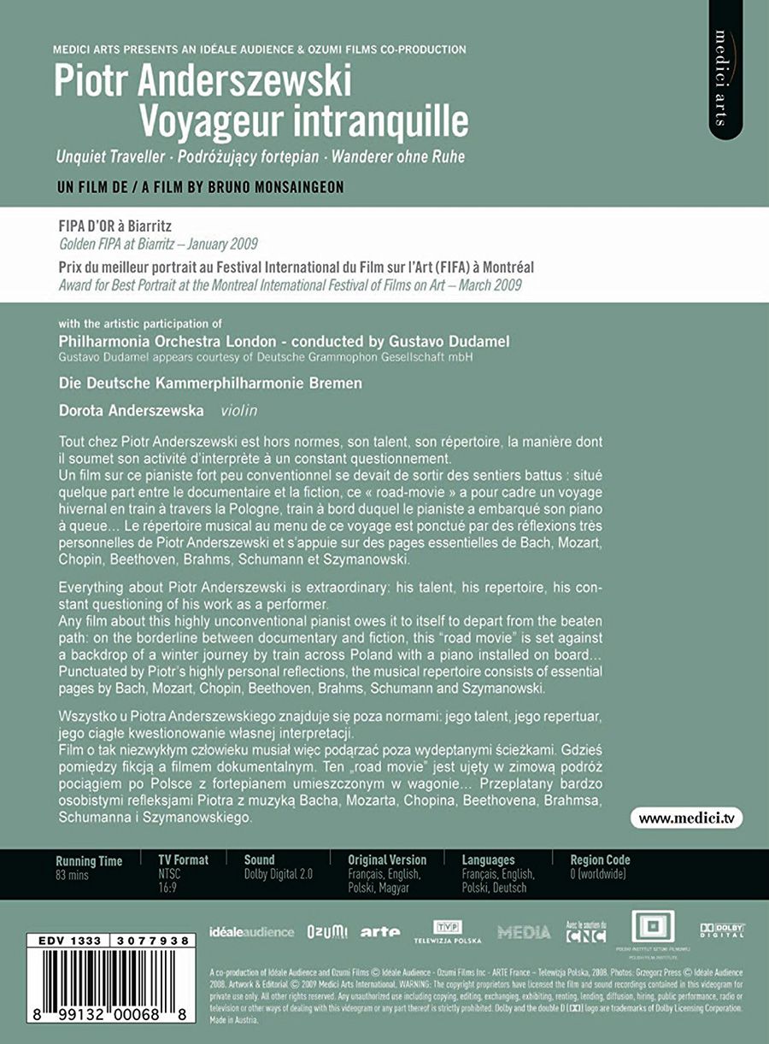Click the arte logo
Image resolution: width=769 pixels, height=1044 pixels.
coord(380,932)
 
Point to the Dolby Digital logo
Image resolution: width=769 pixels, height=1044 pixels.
coord(723,930)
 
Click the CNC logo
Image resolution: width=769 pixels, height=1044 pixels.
coord(586,932)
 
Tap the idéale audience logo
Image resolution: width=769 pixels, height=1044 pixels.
coord(251,932)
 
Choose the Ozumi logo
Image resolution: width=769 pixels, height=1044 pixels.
coord(327,932)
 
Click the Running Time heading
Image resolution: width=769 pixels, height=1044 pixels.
coord(89,860)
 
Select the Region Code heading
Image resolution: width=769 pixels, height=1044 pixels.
coord(600,859)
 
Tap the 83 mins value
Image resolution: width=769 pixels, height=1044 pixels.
coord(73,875)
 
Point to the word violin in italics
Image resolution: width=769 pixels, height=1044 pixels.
coord(238,411)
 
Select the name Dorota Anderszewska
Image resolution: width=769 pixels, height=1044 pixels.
coord(132,411)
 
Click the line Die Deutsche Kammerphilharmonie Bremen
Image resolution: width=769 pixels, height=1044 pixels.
coord(210,384)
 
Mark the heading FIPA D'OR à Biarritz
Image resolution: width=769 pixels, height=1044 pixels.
coord(114,227)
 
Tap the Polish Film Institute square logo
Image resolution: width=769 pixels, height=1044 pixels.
coord(652,929)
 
